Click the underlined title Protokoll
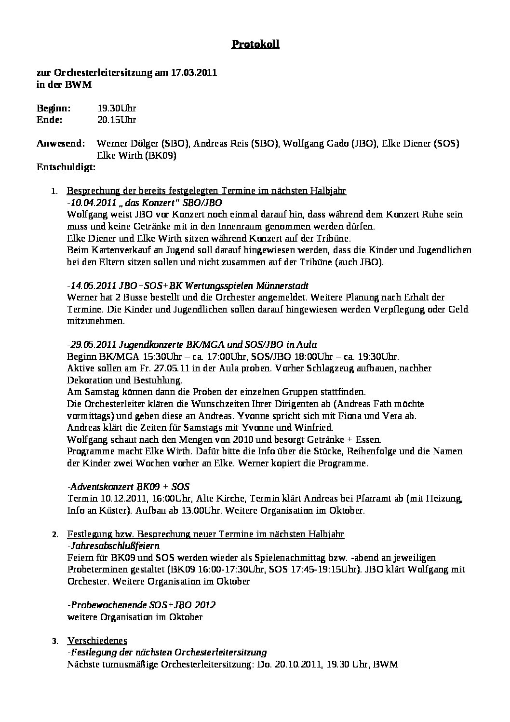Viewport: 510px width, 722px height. click(255, 44)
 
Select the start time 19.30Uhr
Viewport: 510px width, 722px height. click(117, 108)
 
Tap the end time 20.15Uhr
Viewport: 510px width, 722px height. click(117, 120)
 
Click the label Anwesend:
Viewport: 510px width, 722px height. click(61, 144)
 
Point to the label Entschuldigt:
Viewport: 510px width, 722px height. click(66, 167)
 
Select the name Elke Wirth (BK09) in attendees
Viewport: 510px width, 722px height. click(136, 156)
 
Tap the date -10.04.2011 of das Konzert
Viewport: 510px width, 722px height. click(92, 203)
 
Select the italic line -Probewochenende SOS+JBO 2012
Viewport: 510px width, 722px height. click(141, 605)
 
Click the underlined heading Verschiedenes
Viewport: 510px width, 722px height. click(97, 640)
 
